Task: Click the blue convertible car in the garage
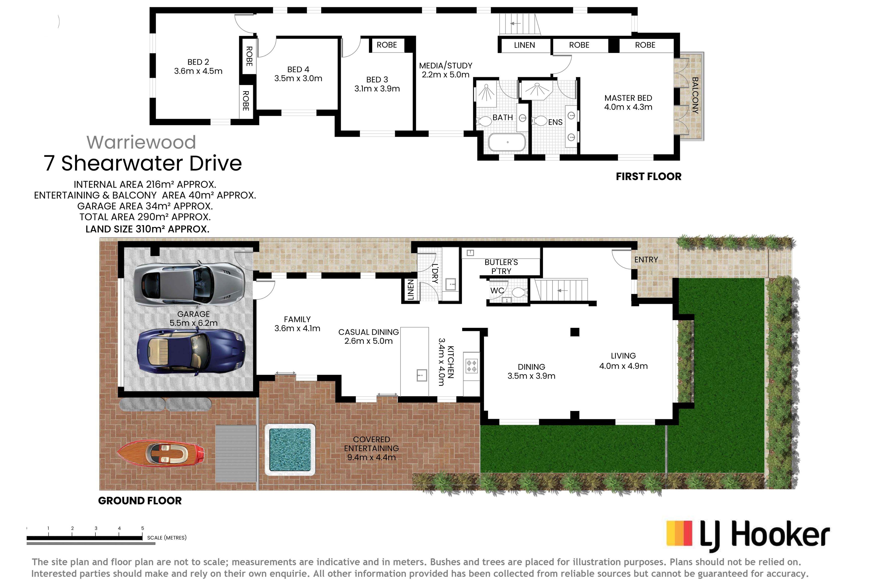[x=191, y=353]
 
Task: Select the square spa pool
[x=290, y=449]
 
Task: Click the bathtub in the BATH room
[x=507, y=142]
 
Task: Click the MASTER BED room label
[x=628, y=102]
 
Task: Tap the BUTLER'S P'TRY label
[x=501, y=266]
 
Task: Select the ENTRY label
[x=646, y=260]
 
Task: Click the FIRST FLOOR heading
[x=649, y=177]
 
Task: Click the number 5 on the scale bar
[x=142, y=528]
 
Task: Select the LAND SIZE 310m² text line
[x=147, y=229]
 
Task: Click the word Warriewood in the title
[x=141, y=142]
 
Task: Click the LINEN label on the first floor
[x=524, y=45]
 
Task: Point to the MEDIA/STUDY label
[x=445, y=70]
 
